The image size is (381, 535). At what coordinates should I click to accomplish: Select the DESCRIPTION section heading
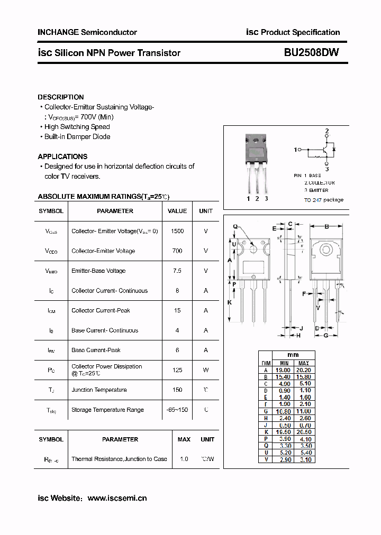61,97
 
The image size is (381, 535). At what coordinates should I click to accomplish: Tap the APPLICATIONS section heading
62,156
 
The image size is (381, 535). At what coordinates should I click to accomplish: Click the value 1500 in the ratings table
177,231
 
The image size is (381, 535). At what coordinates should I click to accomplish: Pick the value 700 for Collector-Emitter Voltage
177,251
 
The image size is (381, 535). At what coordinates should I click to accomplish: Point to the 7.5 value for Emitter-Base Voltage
177,271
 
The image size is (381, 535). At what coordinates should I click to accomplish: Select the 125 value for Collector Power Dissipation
177,370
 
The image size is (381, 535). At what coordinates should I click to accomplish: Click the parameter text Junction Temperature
99,390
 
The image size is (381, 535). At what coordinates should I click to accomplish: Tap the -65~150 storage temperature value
177,410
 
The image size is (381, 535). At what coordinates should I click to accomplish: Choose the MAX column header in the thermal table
184,439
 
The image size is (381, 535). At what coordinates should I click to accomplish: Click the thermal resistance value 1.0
184,459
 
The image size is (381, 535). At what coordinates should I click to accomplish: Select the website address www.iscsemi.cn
117,498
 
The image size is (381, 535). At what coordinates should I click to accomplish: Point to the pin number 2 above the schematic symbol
327,131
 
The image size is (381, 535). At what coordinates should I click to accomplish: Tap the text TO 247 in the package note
313,200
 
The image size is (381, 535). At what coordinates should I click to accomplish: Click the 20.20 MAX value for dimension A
304,370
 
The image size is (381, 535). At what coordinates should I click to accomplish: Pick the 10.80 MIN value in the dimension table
284,411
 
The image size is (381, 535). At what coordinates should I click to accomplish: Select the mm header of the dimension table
293,355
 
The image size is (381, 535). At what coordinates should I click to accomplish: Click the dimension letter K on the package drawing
230,302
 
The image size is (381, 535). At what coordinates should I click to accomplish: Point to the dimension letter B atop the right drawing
326,226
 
